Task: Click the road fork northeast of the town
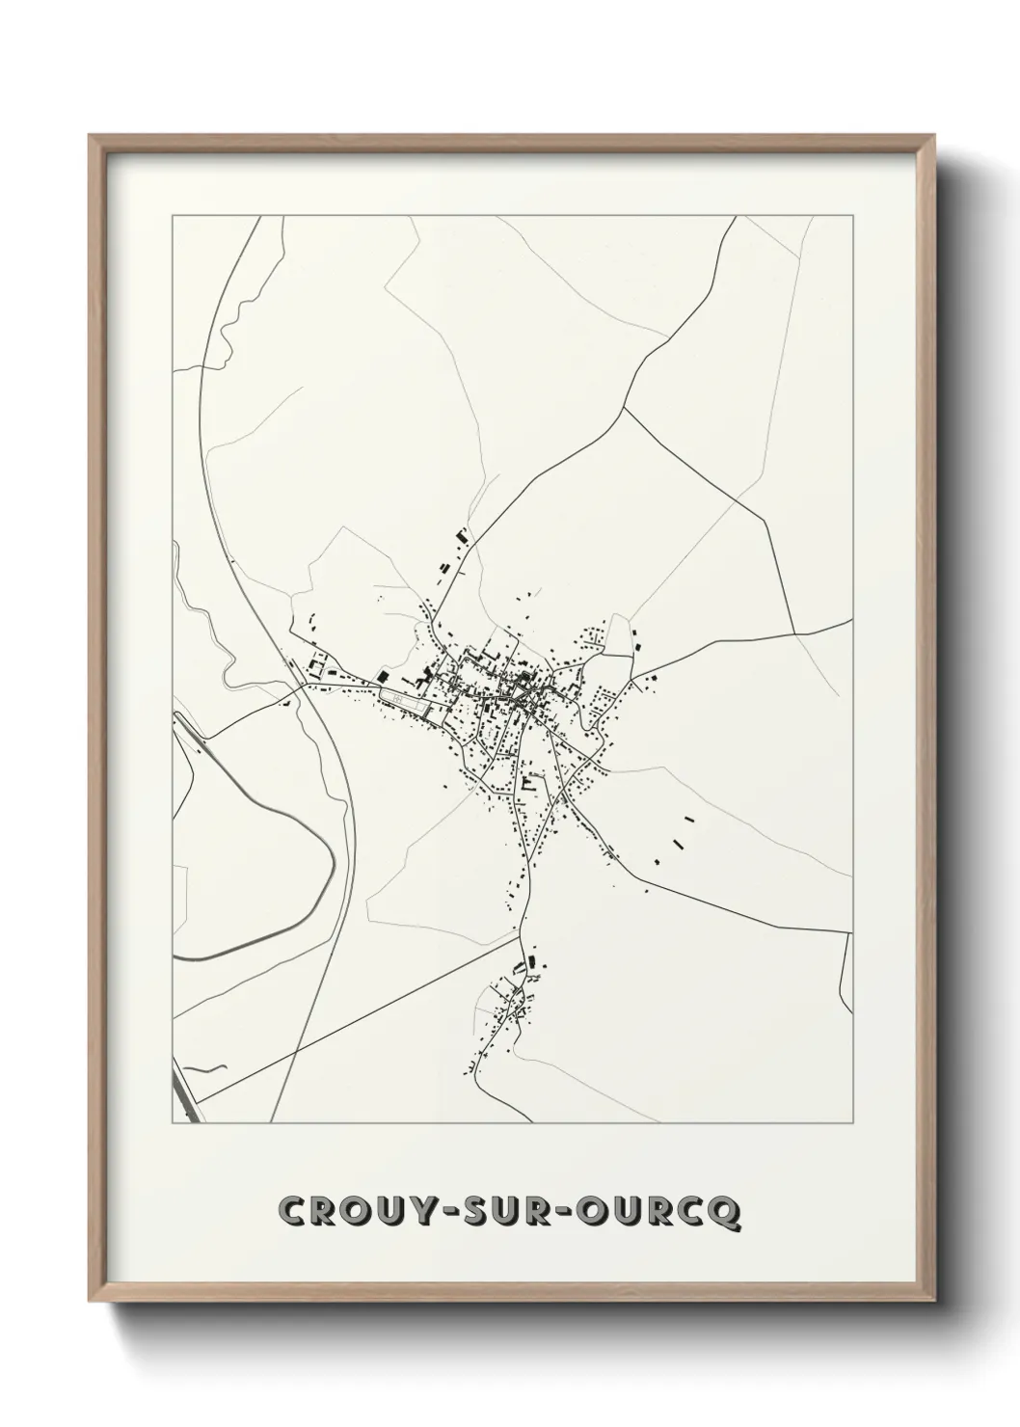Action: [x=625, y=409]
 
